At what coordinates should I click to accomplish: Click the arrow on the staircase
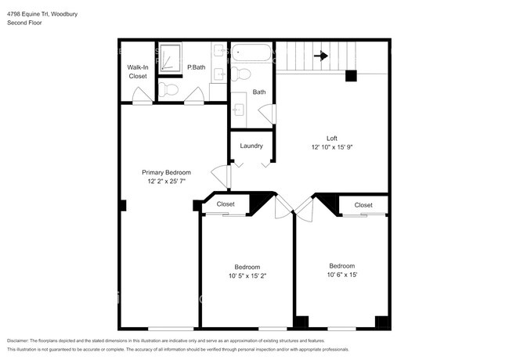[320, 56]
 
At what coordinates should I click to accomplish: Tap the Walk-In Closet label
[137, 72]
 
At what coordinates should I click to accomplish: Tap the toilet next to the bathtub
[242, 74]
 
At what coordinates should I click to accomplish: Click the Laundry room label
[251, 146]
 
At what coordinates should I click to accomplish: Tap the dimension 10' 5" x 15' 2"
[247, 275]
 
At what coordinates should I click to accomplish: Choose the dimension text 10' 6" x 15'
[341, 275]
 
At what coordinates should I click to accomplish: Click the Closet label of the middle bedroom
[226, 204]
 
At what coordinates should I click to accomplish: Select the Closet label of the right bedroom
[363, 205]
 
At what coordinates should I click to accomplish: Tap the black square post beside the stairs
[351, 76]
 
